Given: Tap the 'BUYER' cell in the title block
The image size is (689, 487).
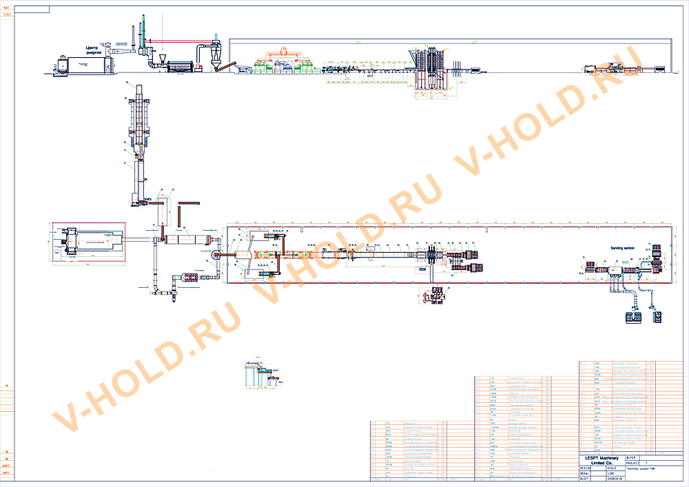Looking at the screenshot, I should click(x=632, y=457).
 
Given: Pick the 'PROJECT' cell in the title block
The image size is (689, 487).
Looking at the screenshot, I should click(x=633, y=463).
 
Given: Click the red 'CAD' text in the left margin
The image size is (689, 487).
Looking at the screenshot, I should click(x=7, y=14).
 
